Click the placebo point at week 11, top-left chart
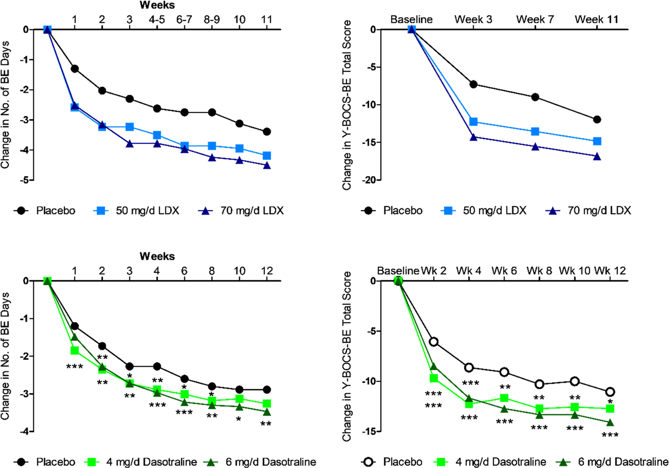pyautogui.click(x=267, y=132)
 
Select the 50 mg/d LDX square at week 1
pyautogui.click(x=75, y=107)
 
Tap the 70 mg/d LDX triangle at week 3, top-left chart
pyautogui.click(x=130, y=144)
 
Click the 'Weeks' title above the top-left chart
pyautogui.click(x=157, y=5)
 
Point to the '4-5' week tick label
pyautogui.click(x=157, y=20)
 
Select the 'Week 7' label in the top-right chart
pyautogui.click(x=535, y=20)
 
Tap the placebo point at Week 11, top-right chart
pyautogui.click(x=597, y=120)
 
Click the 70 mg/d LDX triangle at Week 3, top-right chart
pyautogui.click(x=474, y=137)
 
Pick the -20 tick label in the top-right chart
pyautogui.click(x=369, y=180)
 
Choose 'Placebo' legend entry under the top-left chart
pyautogui.click(x=55, y=211)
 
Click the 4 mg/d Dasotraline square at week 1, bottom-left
pyautogui.click(x=75, y=350)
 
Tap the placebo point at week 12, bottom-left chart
pyautogui.click(x=267, y=390)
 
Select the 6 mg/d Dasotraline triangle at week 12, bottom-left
pyautogui.click(x=267, y=412)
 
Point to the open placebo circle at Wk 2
pyautogui.click(x=434, y=342)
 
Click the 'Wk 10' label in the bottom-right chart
pyautogui.click(x=574, y=271)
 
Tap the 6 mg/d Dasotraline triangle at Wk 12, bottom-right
pyautogui.click(x=610, y=423)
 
